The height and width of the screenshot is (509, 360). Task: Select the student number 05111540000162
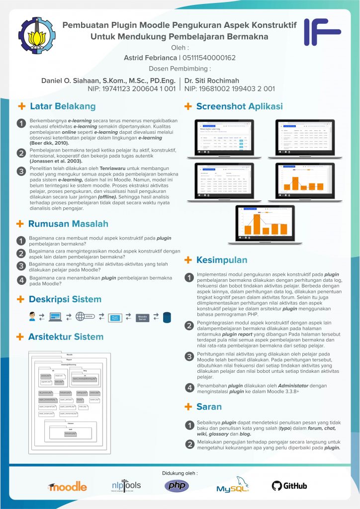click(209, 58)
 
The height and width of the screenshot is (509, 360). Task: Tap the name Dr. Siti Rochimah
click(211, 81)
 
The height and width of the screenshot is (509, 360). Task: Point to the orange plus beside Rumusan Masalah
click(21, 224)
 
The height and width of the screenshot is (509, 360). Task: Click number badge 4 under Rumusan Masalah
click(21, 280)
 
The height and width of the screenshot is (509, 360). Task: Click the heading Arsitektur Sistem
click(66, 337)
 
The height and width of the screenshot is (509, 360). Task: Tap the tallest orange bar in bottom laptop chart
click(257, 224)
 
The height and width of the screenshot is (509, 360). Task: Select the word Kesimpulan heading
click(222, 260)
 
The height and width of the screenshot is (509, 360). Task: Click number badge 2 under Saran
click(189, 444)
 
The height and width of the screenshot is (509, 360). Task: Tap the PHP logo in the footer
click(177, 486)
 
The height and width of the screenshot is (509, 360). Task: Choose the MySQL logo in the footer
click(233, 485)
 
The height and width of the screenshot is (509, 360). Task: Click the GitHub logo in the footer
click(289, 486)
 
